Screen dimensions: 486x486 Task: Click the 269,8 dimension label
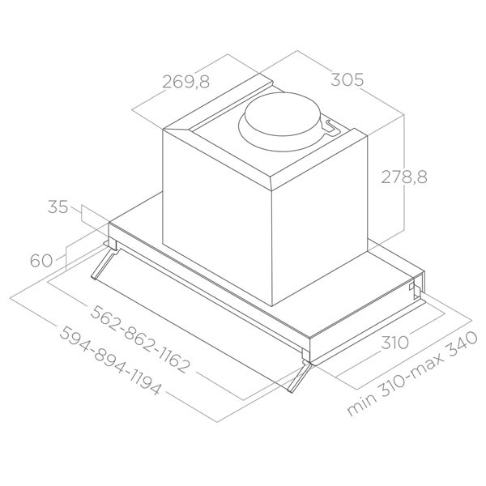(186, 82)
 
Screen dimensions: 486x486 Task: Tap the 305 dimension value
(347, 79)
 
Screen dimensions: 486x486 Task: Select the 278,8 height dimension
(404, 177)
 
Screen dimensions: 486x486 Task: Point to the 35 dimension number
(58, 207)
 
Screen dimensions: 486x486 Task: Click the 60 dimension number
(41, 261)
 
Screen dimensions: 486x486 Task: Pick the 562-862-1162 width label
(139, 339)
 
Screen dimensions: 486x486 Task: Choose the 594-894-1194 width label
(110, 360)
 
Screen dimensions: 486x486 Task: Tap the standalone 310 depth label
(394, 343)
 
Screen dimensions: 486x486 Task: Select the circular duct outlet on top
(280, 122)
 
